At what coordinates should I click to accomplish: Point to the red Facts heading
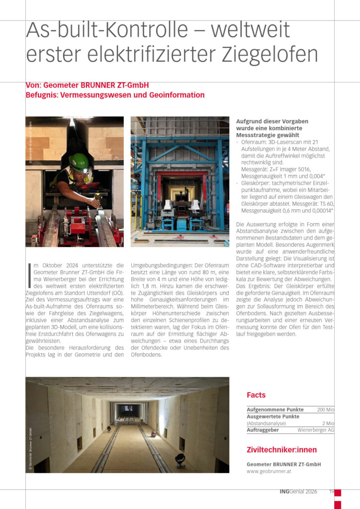coord(256,395)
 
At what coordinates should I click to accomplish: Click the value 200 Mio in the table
coord(326,410)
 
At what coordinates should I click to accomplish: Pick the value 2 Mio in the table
coord(328,424)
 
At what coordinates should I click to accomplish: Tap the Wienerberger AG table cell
coord(316,430)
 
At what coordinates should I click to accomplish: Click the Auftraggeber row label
coord(263,430)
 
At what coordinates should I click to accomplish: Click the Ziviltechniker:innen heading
coord(281,450)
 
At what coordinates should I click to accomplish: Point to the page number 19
coord(331,492)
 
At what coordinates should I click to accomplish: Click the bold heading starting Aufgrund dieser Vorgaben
coord(272,128)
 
